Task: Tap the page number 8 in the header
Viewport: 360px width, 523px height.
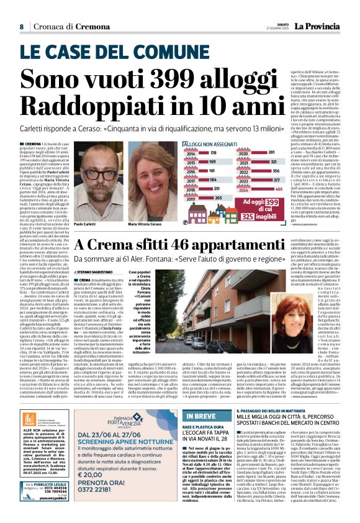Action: point(21,27)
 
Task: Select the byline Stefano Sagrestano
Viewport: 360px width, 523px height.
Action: point(113,272)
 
